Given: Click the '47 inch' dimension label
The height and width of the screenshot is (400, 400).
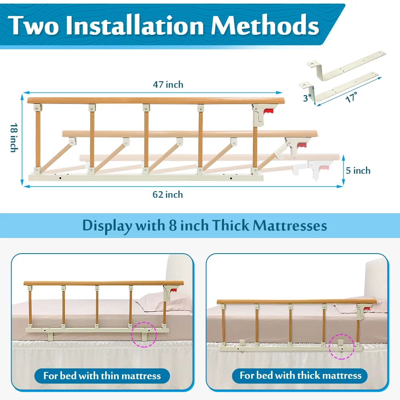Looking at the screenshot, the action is pos(168,84).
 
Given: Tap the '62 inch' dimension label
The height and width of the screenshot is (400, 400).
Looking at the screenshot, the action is pos(168,195).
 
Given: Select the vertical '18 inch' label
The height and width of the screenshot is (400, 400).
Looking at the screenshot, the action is pos(14,138).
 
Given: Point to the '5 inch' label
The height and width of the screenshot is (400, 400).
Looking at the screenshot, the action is pos(358,170).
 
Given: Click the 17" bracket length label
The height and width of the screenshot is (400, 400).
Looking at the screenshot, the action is pos(351,97).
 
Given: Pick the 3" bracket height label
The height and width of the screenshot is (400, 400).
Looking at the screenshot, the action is pos(307,98).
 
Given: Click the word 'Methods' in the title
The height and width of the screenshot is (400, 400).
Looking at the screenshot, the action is pos(265,25).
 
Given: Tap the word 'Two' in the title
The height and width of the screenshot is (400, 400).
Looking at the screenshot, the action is pos(33,25).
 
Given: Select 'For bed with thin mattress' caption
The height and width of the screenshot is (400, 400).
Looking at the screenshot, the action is pos(102,376).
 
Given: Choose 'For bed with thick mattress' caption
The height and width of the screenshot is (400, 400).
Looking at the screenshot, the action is pos(300,376).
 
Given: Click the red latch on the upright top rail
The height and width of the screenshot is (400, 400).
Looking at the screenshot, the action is pos(268,111).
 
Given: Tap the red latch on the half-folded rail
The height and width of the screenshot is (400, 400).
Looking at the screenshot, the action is pos(302,146).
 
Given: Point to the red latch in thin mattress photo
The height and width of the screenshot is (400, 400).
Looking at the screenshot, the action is pos(174,290).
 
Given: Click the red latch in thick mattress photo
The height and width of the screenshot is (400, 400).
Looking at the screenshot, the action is pos(366,310).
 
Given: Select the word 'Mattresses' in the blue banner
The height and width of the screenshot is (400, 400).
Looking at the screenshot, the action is pos(290,226).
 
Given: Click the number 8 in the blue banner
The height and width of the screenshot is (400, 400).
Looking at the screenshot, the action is pos(173,226).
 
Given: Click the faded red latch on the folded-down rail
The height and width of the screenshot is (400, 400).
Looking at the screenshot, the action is pos(324,168).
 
